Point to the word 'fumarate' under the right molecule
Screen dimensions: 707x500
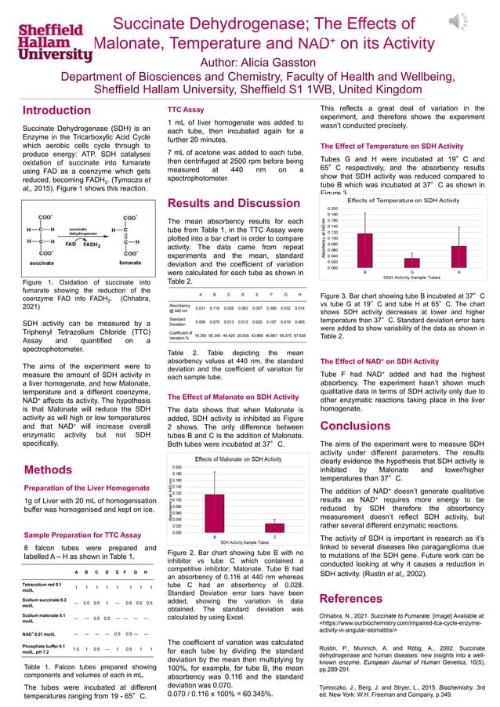point(129,263)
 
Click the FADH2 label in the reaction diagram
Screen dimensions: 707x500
point(93,244)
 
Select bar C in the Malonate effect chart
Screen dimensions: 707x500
point(274,528)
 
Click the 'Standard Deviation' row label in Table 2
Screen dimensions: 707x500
point(179,321)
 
